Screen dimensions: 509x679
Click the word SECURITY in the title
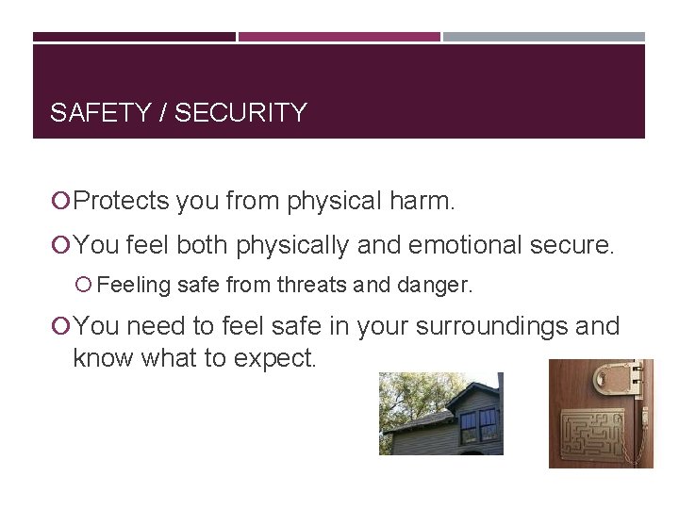coord(241,113)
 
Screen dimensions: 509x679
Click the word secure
coord(574,245)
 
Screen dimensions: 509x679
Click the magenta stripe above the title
coord(339,38)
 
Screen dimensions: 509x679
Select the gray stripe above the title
coord(544,38)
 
